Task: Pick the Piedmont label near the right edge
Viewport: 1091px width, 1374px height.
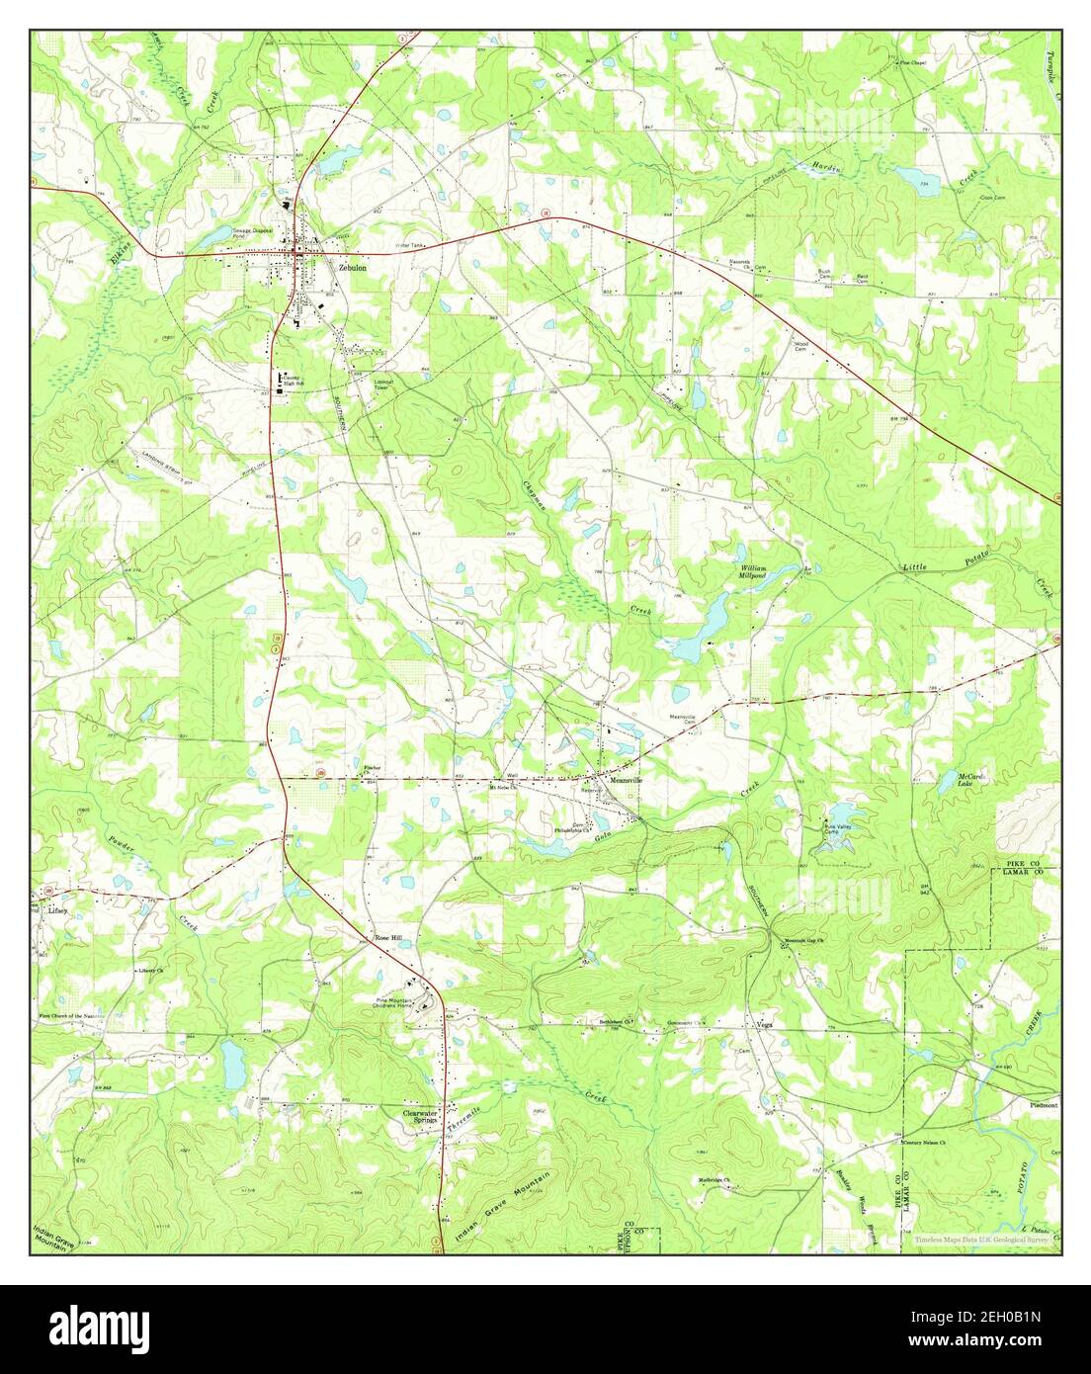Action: [1044, 1106]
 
